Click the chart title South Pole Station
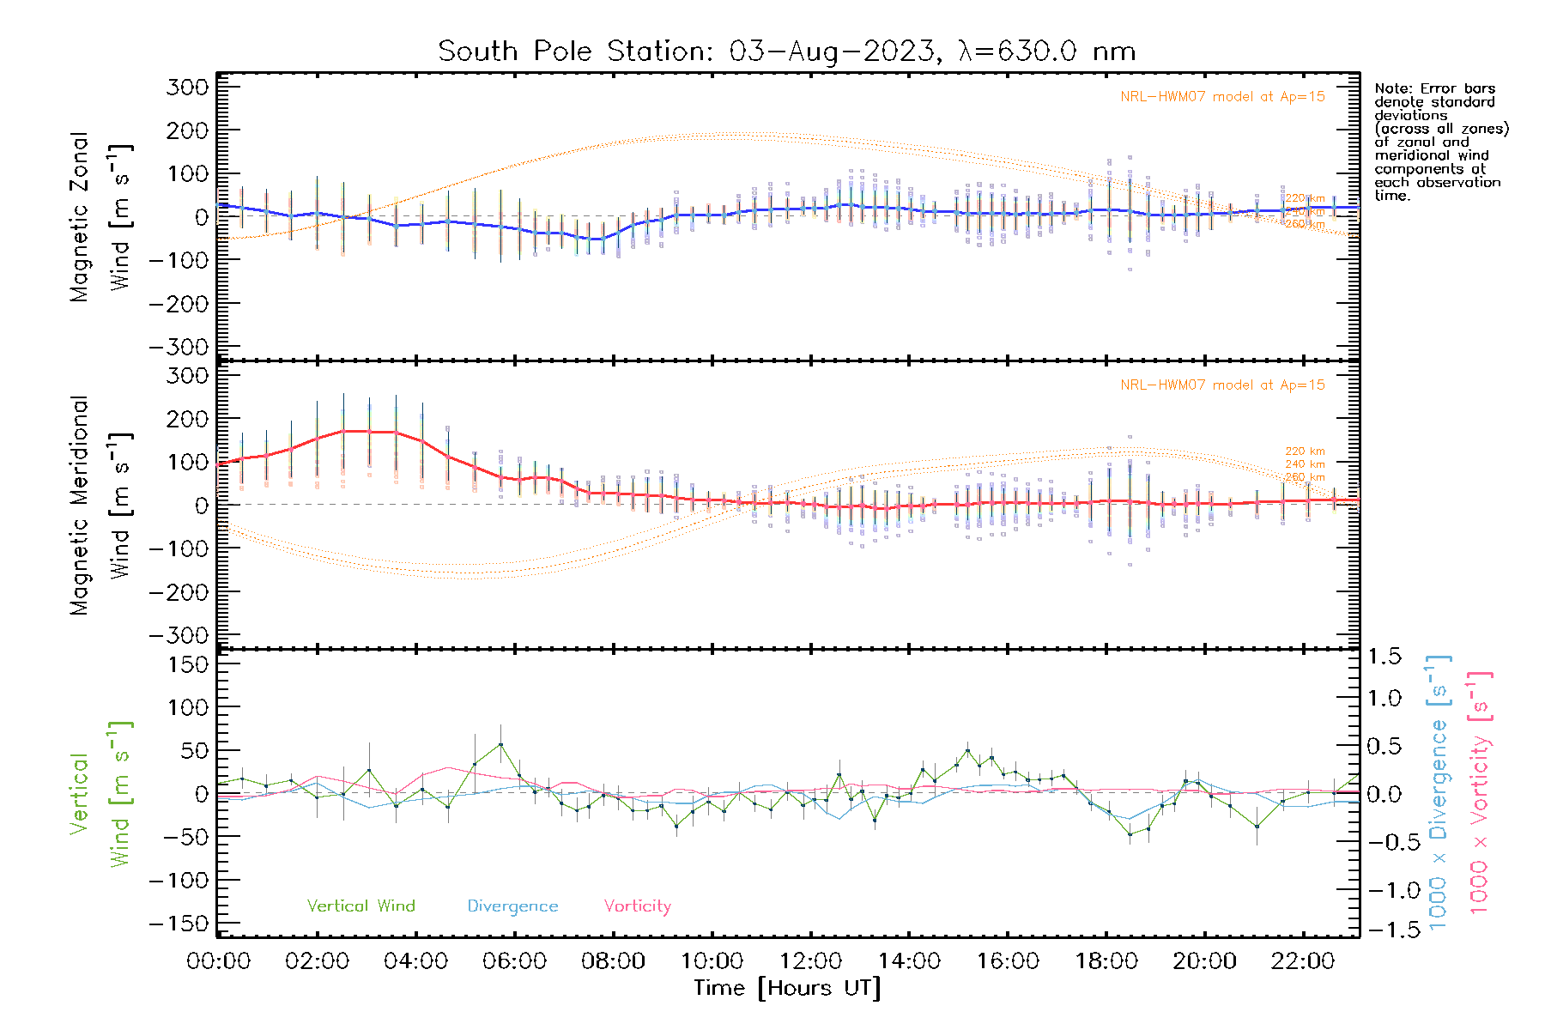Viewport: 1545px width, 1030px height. tap(786, 51)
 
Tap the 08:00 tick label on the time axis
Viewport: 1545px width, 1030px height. tap(613, 961)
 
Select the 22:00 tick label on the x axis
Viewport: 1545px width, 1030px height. tap(1303, 961)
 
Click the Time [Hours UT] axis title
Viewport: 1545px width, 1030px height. tap(787, 988)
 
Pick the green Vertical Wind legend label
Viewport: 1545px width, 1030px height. tap(360, 906)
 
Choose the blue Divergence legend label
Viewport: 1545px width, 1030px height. tap(512, 906)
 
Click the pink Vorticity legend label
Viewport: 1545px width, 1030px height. tap(637, 906)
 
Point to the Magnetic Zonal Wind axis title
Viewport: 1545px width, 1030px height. tap(101, 216)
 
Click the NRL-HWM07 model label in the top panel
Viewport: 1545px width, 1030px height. tap(1222, 97)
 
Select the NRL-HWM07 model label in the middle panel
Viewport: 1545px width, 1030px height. tap(1222, 385)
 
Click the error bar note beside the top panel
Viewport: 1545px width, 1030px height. tap(1440, 142)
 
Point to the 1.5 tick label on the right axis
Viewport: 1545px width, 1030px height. tap(1384, 657)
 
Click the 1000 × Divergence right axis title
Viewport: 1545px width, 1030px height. tap(1439, 791)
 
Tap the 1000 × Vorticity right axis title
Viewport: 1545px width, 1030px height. tap(1479, 791)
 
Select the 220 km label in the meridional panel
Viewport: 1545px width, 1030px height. tap(1305, 451)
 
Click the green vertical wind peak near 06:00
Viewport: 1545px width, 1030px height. tap(500, 744)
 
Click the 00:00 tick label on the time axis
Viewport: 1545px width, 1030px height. tap(218, 961)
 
